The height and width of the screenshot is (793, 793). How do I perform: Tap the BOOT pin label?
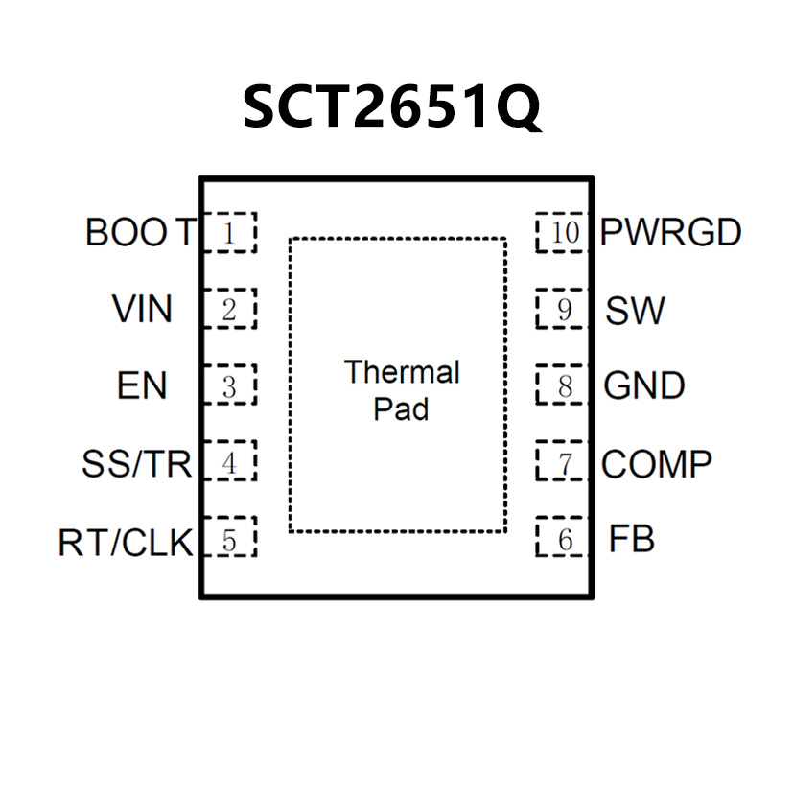pyautogui.click(x=141, y=233)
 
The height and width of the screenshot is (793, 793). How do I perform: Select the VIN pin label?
pyautogui.click(x=142, y=310)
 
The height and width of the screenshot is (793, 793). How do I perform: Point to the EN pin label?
pyautogui.click(x=142, y=386)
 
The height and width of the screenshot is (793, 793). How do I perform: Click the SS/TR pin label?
pyautogui.click(x=136, y=464)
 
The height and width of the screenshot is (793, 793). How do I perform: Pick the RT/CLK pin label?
pyautogui.click(x=125, y=543)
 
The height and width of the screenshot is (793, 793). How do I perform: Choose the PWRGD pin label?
pyautogui.click(x=671, y=233)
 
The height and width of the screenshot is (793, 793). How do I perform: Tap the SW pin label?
pyautogui.click(x=635, y=310)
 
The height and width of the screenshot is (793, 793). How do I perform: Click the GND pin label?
pyautogui.click(x=644, y=386)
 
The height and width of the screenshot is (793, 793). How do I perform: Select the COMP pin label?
pyautogui.click(x=657, y=464)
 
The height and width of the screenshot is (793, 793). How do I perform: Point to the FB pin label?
pyautogui.click(x=632, y=540)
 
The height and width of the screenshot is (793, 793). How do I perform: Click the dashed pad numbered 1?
pyautogui.click(x=231, y=233)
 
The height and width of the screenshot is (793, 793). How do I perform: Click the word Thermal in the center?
pyautogui.click(x=402, y=372)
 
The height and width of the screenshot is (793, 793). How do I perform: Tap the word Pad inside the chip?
pyautogui.click(x=401, y=410)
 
